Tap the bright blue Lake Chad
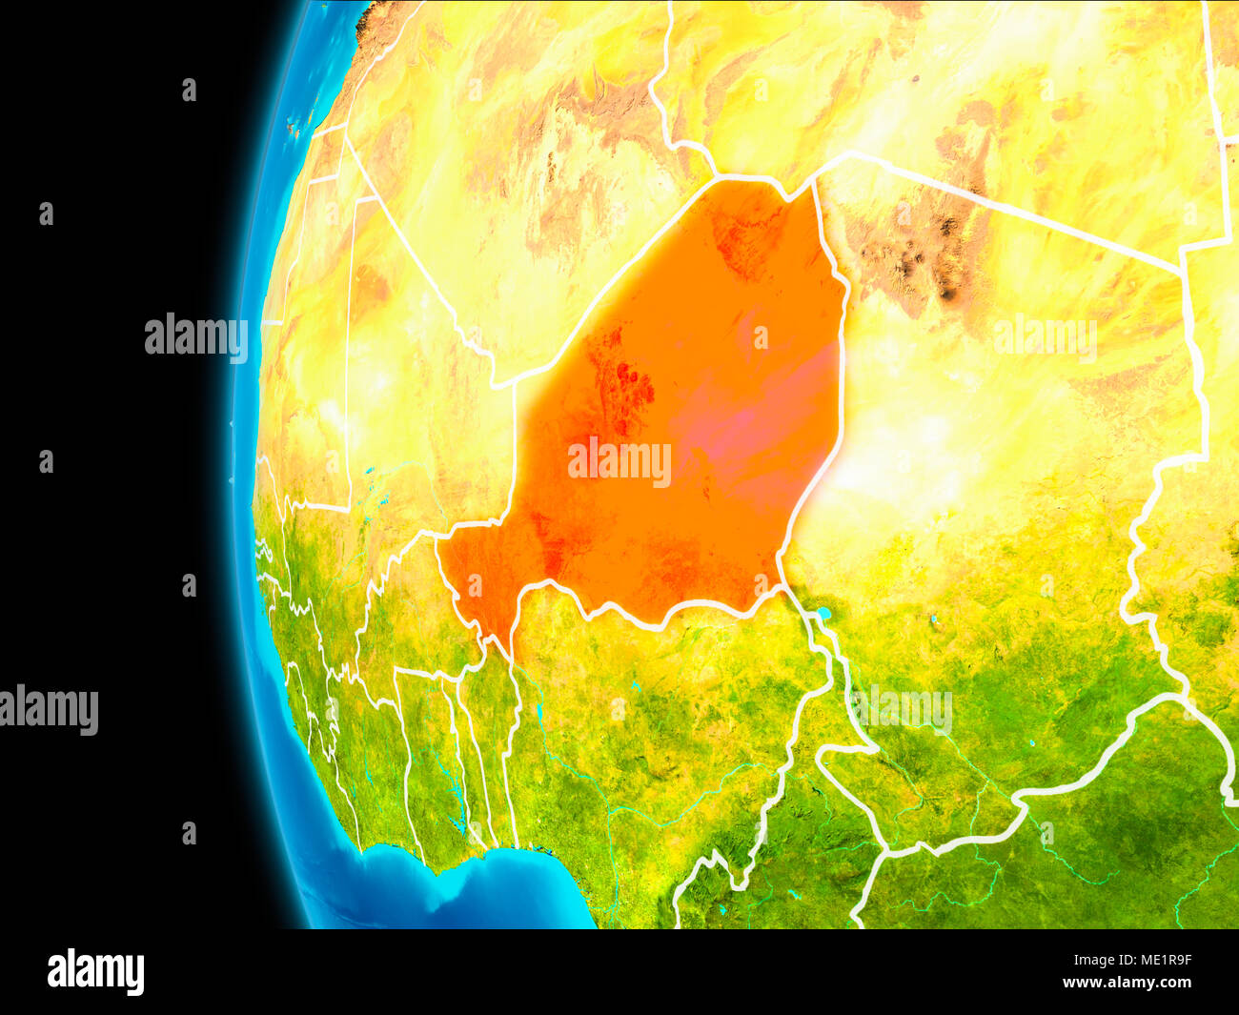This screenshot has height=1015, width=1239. (x=823, y=615)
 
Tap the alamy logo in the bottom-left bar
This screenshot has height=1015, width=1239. (x=95, y=972)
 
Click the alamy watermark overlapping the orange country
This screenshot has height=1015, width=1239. (x=619, y=462)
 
